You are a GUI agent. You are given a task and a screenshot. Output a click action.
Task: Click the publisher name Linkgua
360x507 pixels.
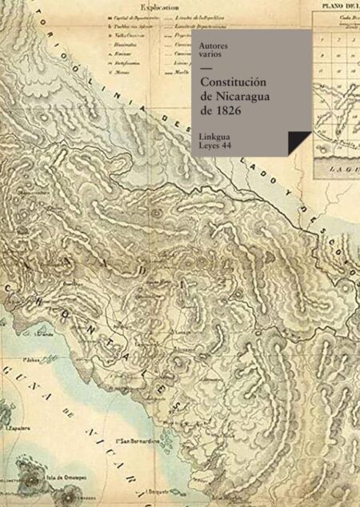(x=218, y=135)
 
